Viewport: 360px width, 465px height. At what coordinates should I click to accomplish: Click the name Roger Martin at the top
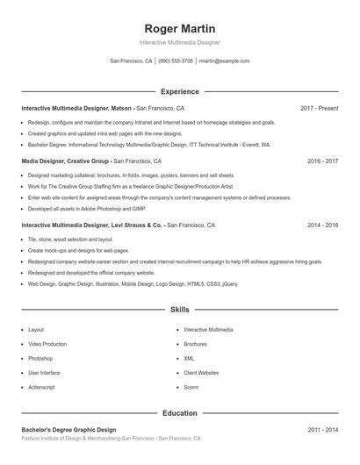point(180,29)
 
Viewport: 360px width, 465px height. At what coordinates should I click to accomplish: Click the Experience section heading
point(180,91)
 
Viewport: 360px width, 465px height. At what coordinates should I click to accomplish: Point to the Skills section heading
point(180,310)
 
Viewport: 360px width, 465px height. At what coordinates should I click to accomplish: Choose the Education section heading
point(180,412)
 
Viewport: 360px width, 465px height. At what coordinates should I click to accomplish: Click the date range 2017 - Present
point(319,108)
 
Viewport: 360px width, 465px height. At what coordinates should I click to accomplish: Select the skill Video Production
point(47,344)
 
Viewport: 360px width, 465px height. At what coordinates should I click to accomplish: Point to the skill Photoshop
point(40,358)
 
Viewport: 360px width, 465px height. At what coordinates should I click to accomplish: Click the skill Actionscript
point(41,387)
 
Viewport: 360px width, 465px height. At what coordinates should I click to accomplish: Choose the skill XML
point(189,358)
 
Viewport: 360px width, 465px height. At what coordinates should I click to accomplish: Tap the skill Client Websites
point(201,373)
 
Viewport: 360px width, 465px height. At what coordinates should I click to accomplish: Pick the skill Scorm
point(191,387)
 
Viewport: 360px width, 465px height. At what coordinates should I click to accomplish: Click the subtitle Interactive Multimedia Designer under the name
point(180,42)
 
